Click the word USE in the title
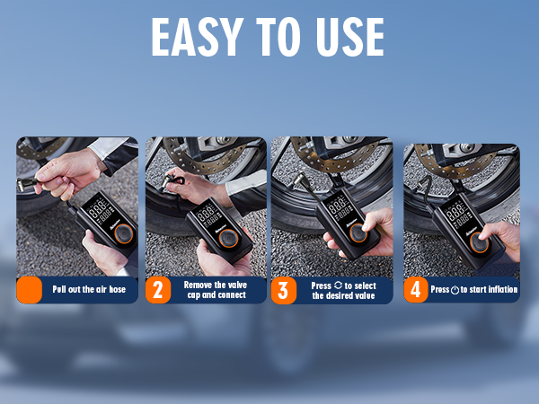click(x=350, y=37)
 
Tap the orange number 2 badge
click(x=158, y=290)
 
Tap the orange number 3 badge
click(x=284, y=291)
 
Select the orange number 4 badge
click(x=416, y=290)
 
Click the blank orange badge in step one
click(x=30, y=290)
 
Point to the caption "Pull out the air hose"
click(x=89, y=289)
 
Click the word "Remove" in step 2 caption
click(x=198, y=285)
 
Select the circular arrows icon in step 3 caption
click(x=339, y=285)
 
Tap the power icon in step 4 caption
click(x=455, y=290)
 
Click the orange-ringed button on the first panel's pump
click(x=123, y=233)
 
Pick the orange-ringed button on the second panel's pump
click(x=228, y=238)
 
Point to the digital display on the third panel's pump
click(x=339, y=207)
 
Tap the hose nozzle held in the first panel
click(x=27, y=184)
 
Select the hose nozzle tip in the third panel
click(x=297, y=179)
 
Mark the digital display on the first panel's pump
click(x=100, y=208)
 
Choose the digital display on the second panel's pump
click(x=208, y=215)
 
